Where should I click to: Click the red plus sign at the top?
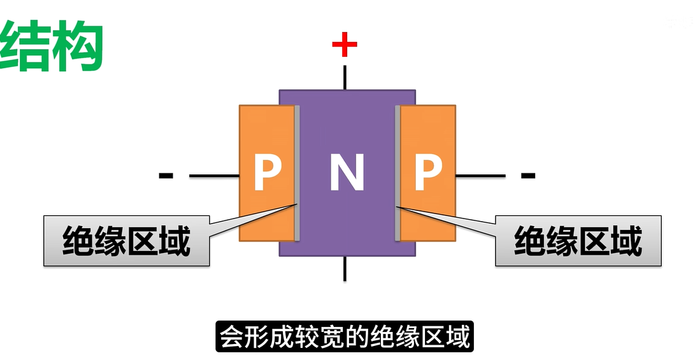pos(345,45)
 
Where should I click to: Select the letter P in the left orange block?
pos(268,172)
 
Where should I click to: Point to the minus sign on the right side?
pos(527,175)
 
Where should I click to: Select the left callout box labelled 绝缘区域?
pos(126,241)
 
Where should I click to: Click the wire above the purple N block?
pos(345,76)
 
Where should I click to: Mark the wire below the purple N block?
pos(345,268)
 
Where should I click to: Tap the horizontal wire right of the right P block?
pos(481,175)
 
